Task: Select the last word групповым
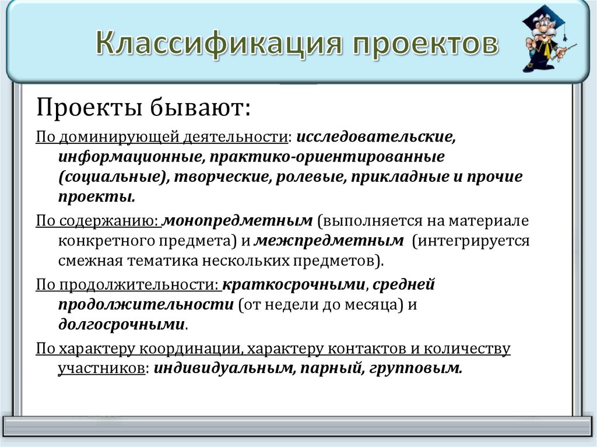(416, 368)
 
